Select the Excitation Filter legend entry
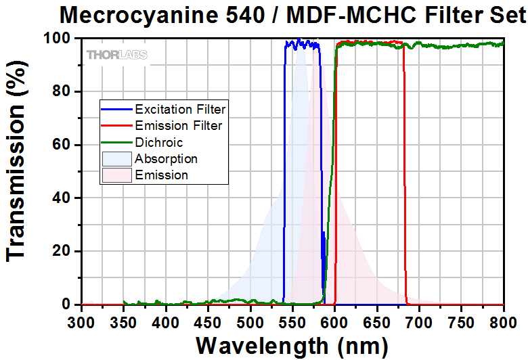pyautogui.click(x=180, y=108)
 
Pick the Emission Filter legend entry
pyautogui.click(x=178, y=125)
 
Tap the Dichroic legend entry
pyautogui.click(x=158, y=142)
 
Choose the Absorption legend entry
pyautogui.click(x=166, y=159)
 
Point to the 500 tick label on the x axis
pyautogui.click(x=250, y=320)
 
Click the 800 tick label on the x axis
pyautogui.click(x=504, y=320)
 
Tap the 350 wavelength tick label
pyautogui.click(x=123, y=320)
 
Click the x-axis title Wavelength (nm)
pyautogui.click(x=292, y=346)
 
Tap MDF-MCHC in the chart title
pyautogui.click(x=338, y=14)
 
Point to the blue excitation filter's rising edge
pyautogui.click(x=284, y=169)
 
